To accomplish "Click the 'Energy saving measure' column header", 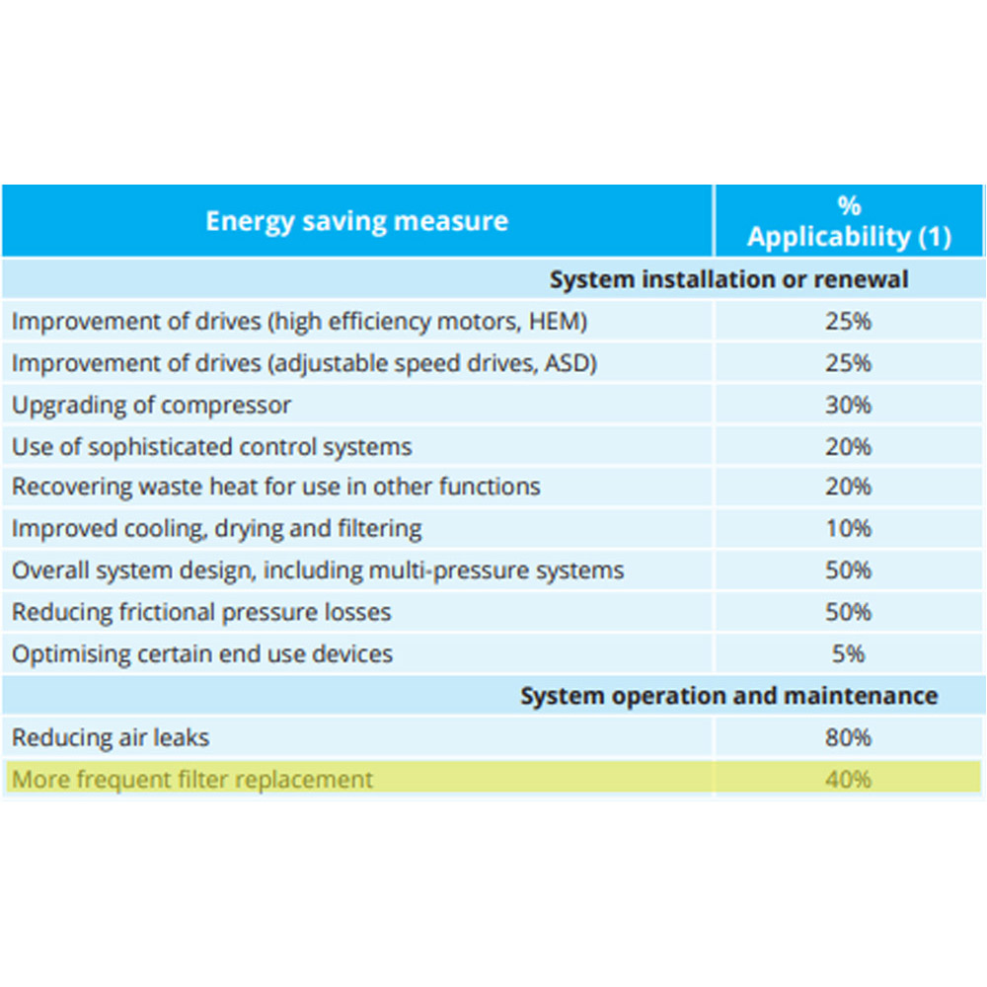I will pyautogui.click(x=356, y=220).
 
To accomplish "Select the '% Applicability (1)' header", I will pyautogui.click(x=849, y=222).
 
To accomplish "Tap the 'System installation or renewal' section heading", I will pyautogui.click(x=728, y=279).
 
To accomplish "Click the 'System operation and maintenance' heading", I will pyautogui.click(x=728, y=696).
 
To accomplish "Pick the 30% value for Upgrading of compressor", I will pyautogui.click(x=849, y=405).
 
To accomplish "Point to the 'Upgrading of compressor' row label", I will pyautogui.click(x=151, y=405).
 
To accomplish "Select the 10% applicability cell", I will pyautogui.click(x=849, y=529).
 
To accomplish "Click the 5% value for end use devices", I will pyautogui.click(x=849, y=653).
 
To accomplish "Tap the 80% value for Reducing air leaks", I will pyautogui.click(x=849, y=737).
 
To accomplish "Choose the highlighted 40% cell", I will pyautogui.click(x=849, y=779).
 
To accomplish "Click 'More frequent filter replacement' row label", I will pyautogui.click(x=192, y=779).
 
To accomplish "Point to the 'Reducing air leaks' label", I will pyautogui.click(x=111, y=737).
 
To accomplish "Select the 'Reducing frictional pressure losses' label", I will pyautogui.click(x=201, y=612).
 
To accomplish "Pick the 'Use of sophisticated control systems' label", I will pyautogui.click(x=211, y=446).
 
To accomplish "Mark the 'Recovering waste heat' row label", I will pyautogui.click(x=275, y=487).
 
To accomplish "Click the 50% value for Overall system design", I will pyautogui.click(x=849, y=570).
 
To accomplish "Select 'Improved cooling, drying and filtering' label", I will pyautogui.click(x=216, y=529).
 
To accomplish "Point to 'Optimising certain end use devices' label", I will pyautogui.click(x=202, y=653).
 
